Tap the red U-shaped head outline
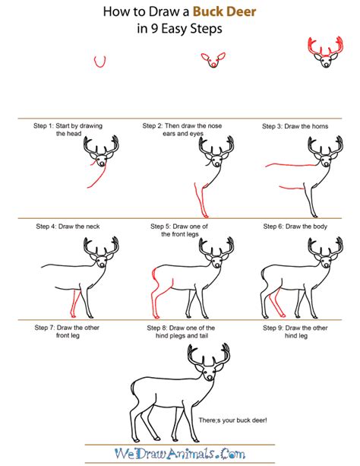pos(98,62)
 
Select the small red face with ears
pos(212,60)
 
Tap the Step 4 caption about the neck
pos(66,226)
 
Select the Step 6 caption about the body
pos(293,226)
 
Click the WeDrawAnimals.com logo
pos(179,454)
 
